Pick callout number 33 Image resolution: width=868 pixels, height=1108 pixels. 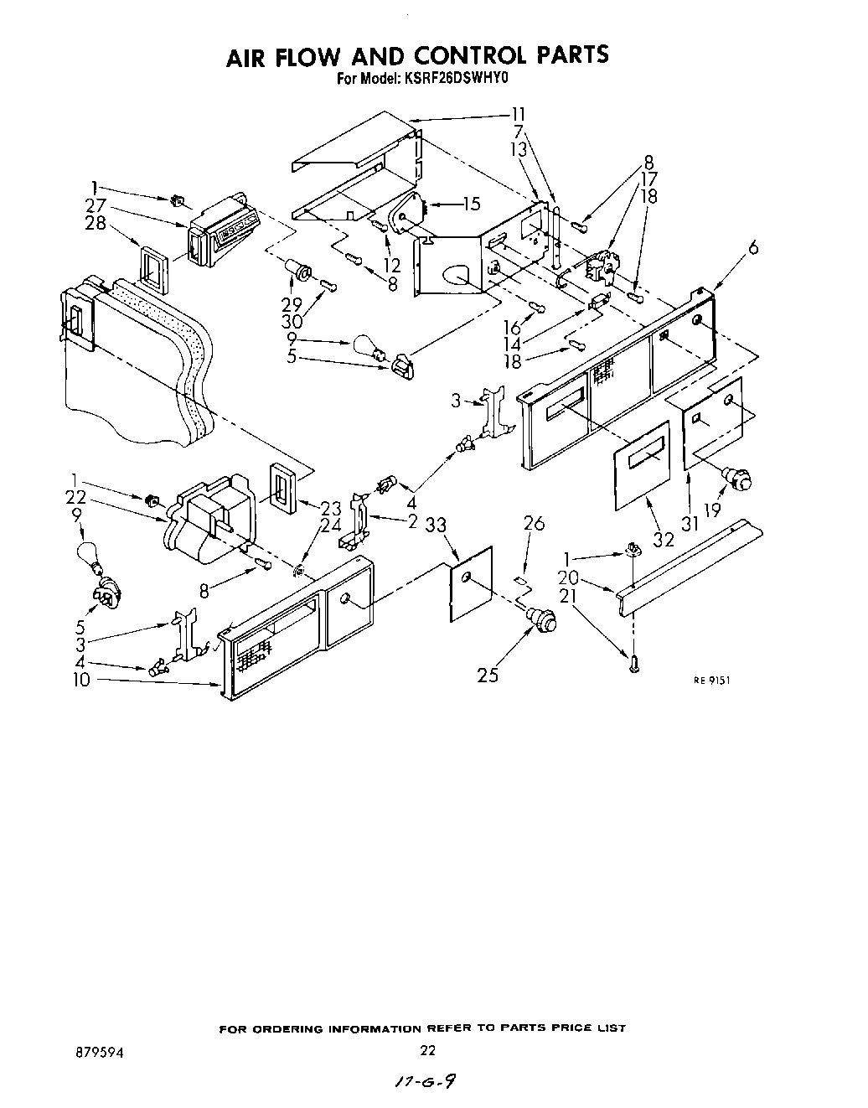[x=435, y=526]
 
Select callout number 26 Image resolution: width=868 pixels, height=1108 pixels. [x=534, y=525]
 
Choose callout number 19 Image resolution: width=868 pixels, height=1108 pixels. [x=712, y=511]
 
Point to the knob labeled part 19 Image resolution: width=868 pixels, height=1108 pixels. [x=737, y=479]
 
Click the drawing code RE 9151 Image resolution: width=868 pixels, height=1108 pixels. [x=711, y=681]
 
